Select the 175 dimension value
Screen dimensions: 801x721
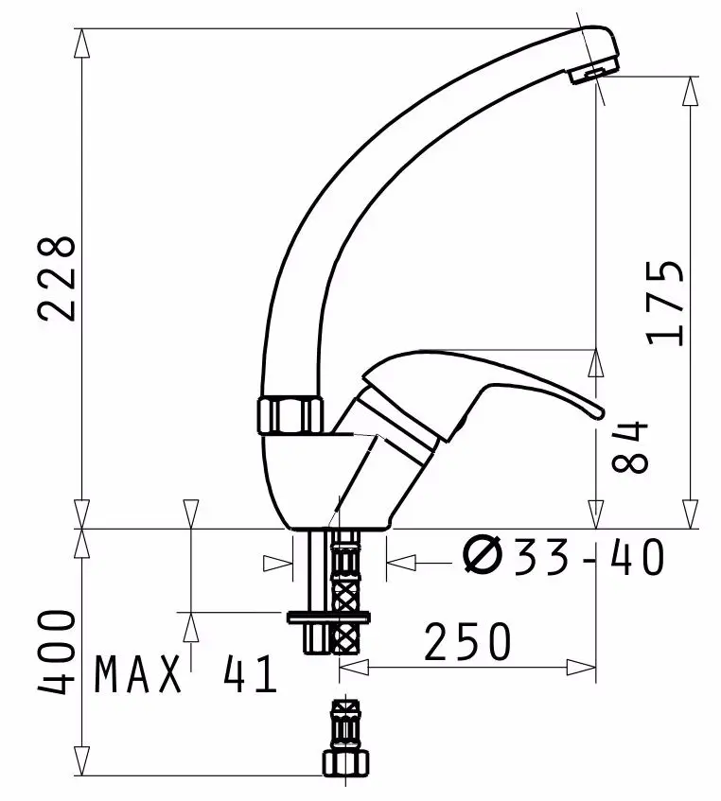664,302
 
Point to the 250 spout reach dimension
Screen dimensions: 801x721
466,643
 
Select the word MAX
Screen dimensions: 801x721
138,675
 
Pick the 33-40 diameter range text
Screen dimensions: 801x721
589,558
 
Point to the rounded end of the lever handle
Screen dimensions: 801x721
593,409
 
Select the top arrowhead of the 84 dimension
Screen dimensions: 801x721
596,360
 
